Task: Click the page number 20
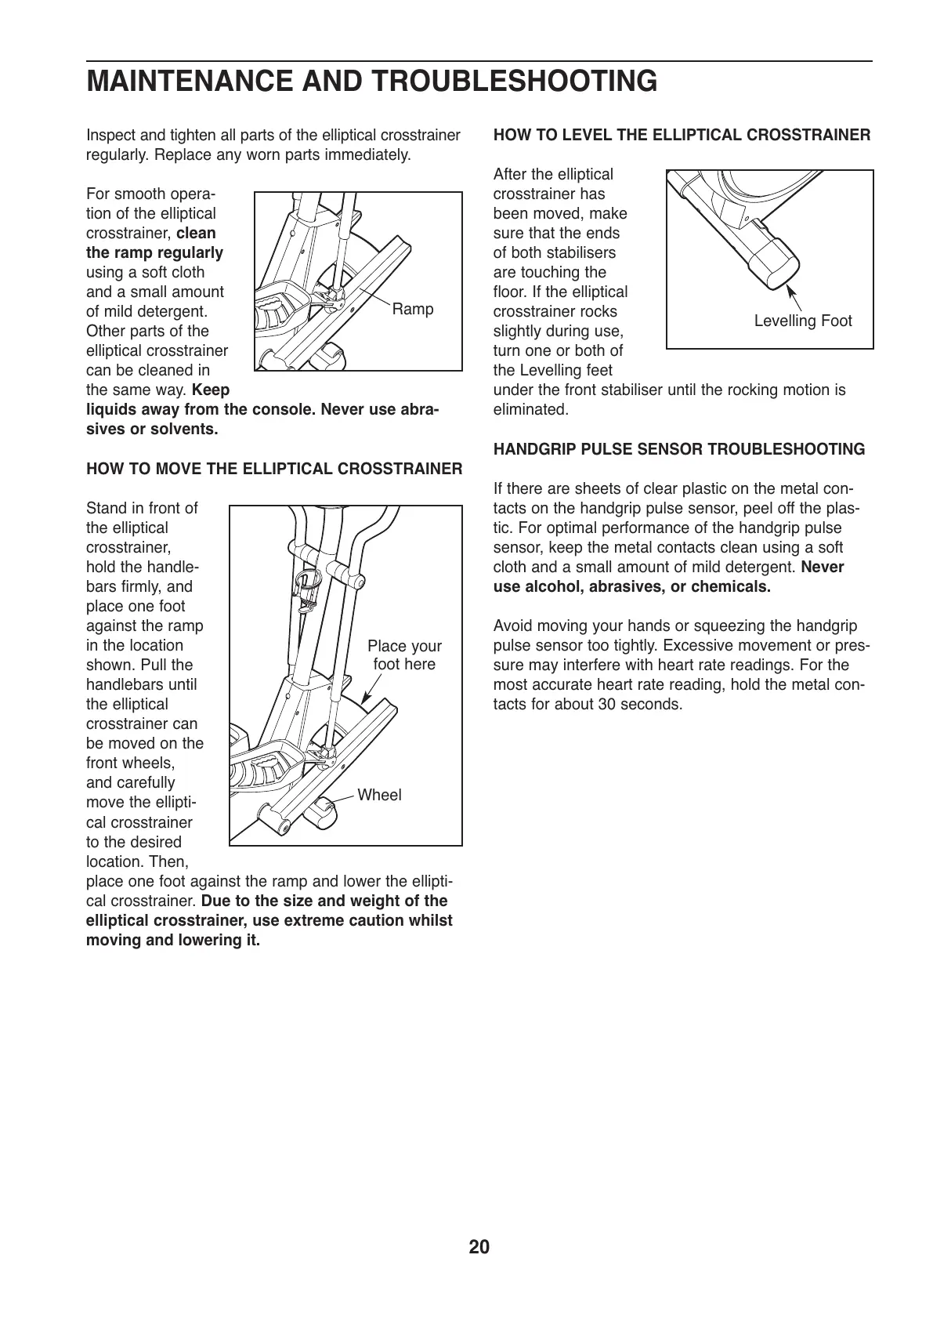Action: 479,1246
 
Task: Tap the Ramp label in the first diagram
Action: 412,309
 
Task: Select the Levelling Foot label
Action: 802,321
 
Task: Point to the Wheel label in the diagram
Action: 379,795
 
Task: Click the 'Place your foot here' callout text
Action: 404,655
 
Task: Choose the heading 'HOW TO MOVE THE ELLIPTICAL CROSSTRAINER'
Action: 274,469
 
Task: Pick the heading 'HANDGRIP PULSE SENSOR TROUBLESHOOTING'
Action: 679,449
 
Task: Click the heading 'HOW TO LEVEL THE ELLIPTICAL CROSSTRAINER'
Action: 682,135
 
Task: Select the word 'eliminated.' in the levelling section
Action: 530,409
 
